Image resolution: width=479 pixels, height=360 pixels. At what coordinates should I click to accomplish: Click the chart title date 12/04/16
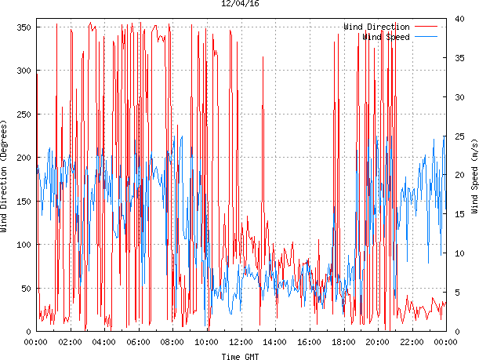tap(240, 4)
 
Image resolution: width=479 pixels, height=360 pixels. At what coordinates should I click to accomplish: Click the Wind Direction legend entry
tap(376, 27)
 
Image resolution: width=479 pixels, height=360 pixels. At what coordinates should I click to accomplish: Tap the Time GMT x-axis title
tap(240, 356)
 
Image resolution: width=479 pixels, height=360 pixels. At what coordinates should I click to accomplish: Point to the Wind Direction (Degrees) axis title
tap(5, 177)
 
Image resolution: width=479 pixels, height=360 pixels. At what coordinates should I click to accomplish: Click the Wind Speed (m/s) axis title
tap(474, 177)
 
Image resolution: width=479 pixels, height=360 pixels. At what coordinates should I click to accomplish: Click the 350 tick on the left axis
tap(23, 27)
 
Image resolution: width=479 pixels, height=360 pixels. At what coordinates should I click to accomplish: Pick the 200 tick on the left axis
tap(23, 158)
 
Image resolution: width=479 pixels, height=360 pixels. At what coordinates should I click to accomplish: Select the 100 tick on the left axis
tap(23, 245)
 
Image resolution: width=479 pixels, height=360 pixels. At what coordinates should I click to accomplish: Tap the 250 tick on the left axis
tap(23, 115)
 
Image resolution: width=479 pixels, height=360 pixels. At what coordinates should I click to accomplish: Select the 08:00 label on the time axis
tap(172, 342)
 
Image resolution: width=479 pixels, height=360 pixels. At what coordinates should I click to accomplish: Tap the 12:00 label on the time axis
tap(241, 342)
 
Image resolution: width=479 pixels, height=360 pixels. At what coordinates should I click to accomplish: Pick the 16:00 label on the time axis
tap(309, 342)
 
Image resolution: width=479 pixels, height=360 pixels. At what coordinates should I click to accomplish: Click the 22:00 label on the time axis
tap(412, 342)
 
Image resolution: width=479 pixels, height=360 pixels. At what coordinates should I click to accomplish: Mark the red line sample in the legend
tap(426, 27)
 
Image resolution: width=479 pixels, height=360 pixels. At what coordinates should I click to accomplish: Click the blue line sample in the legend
tap(426, 37)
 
